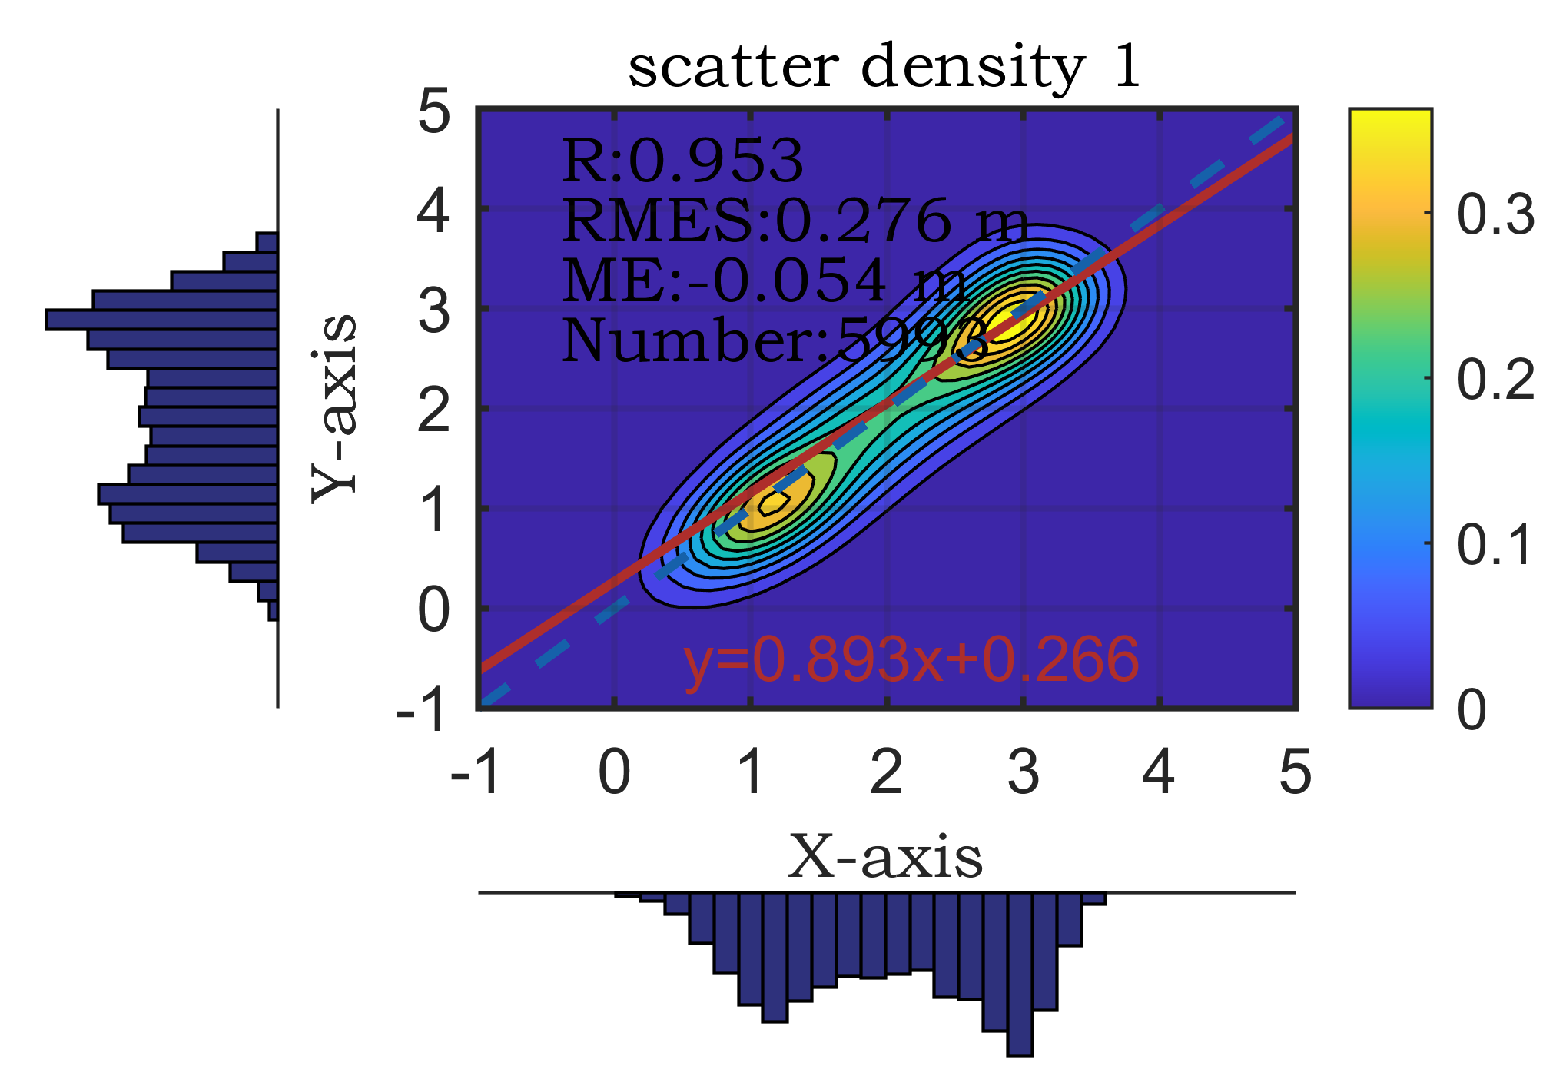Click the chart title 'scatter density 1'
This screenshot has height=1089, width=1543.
[x=884, y=68]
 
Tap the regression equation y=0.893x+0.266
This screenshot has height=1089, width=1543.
[x=911, y=660]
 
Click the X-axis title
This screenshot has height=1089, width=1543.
[x=885, y=857]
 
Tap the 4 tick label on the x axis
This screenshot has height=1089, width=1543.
[x=1158, y=772]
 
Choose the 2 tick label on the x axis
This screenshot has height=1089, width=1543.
[x=886, y=772]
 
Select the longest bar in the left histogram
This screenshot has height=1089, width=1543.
[x=161, y=319]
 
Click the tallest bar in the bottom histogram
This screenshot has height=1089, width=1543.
[x=1020, y=974]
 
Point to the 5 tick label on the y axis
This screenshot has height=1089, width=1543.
[x=434, y=113]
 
